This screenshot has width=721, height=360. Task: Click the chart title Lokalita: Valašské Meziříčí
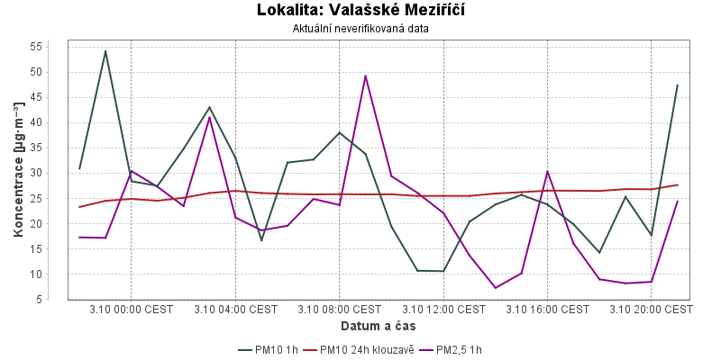pyautogui.click(x=360, y=11)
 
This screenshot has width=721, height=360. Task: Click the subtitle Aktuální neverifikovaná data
pyautogui.click(x=360, y=28)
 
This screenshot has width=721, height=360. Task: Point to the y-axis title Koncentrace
pyautogui.click(x=18, y=171)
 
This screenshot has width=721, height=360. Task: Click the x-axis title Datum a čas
pyautogui.click(x=379, y=325)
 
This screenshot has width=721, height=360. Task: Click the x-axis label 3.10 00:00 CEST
pyautogui.click(x=132, y=310)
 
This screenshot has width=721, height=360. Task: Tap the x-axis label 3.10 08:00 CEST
pyautogui.click(x=340, y=310)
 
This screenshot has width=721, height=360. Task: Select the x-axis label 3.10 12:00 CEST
pyautogui.click(x=443, y=310)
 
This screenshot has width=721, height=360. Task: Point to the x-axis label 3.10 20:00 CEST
pyautogui.click(x=651, y=310)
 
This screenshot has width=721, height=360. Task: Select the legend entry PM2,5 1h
pyautogui.click(x=463, y=349)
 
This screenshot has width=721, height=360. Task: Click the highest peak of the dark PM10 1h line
pyautogui.click(x=105, y=50)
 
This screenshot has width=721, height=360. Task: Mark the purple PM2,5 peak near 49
pyautogui.click(x=365, y=76)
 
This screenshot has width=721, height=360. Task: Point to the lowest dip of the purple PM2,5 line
pyautogui.click(x=496, y=288)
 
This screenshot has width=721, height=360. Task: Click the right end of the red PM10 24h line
pyautogui.click(x=677, y=184)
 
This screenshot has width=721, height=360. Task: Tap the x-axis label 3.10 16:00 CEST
pyautogui.click(x=547, y=310)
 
